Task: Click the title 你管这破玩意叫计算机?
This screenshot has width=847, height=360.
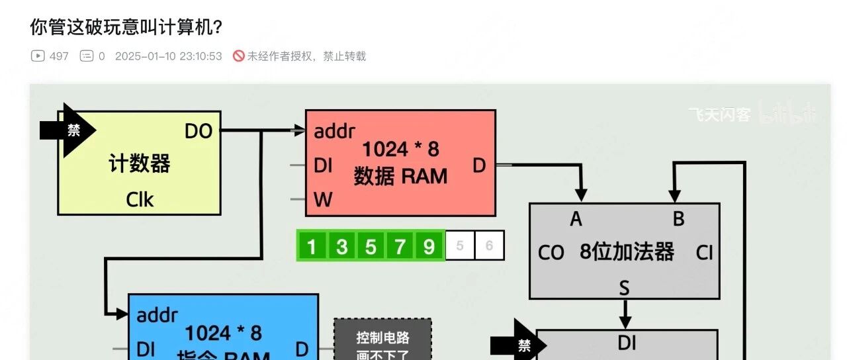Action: (126, 27)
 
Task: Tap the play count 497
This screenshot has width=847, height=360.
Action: (59, 56)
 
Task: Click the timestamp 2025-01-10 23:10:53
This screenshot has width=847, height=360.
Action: (168, 56)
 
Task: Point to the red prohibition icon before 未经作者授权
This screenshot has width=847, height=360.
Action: (239, 56)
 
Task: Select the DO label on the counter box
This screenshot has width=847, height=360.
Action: (198, 132)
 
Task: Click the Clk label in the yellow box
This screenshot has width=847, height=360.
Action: (140, 199)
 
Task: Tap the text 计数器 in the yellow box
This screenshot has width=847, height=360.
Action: (140, 163)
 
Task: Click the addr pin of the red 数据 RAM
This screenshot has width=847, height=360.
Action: (334, 131)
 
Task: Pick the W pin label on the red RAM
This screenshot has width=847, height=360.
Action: (323, 199)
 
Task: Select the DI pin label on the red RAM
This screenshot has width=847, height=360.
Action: (323, 165)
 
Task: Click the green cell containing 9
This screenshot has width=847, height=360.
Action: (429, 246)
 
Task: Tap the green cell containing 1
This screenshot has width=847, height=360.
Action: (312, 246)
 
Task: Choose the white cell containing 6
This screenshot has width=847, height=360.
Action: (489, 246)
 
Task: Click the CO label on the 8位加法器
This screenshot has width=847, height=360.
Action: (551, 253)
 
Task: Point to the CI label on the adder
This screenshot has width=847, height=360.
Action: (704, 252)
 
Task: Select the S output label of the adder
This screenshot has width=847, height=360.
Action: (624, 287)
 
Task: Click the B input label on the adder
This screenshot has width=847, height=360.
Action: (678, 219)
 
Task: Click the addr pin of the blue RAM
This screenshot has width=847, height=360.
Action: (157, 315)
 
